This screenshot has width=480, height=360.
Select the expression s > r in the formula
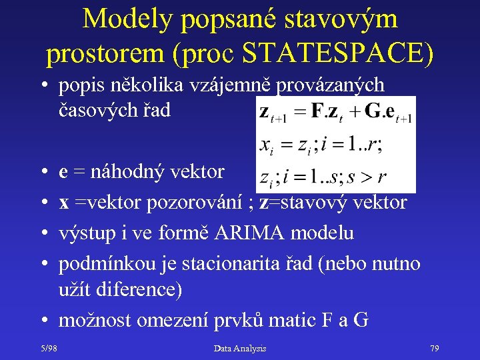(x=373, y=178)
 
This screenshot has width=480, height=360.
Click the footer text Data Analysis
(x=240, y=348)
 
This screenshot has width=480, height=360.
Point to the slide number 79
(x=434, y=348)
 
